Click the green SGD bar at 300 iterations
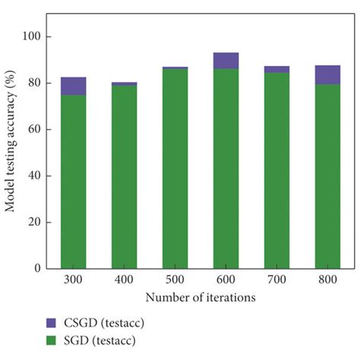(x=74, y=182)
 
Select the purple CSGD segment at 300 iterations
(x=74, y=86)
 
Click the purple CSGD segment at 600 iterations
(x=226, y=61)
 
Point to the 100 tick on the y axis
(x=38, y=36)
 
